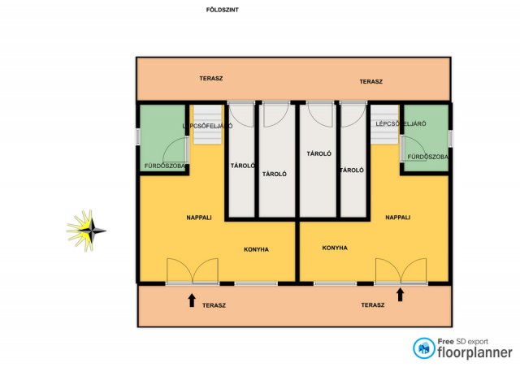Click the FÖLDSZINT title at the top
point(222,10)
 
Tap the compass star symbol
point(86,231)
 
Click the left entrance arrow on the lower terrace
point(192,300)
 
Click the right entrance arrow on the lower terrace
point(401,295)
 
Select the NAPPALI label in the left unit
point(199,218)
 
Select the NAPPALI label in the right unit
point(398,218)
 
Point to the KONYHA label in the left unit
point(257,249)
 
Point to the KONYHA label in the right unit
point(335,248)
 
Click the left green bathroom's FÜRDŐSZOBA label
point(165,166)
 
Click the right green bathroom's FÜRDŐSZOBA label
point(428,157)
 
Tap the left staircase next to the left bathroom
point(208,124)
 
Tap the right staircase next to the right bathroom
point(384,124)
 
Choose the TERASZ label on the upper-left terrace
point(211,79)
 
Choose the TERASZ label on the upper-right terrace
point(371,81)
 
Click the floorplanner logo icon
point(424,348)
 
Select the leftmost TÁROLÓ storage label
point(243,166)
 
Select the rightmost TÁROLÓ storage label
point(352,170)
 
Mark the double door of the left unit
point(193,271)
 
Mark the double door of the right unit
point(401,271)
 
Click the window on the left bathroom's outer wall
point(138,136)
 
